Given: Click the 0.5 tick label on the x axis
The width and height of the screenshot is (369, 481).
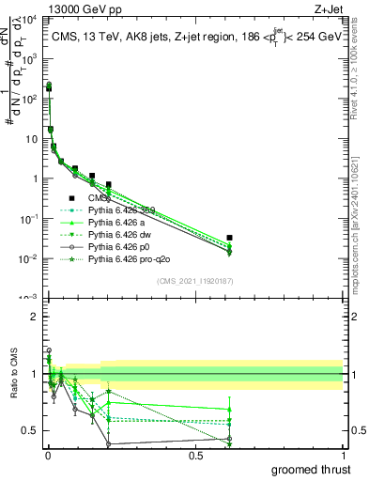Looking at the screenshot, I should pyautogui.click(x=195, y=456).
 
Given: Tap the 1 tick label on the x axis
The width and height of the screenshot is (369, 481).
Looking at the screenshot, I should pyautogui.click(x=343, y=456).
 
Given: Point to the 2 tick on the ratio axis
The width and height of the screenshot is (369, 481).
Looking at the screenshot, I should pyautogui.click(x=35, y=317).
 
